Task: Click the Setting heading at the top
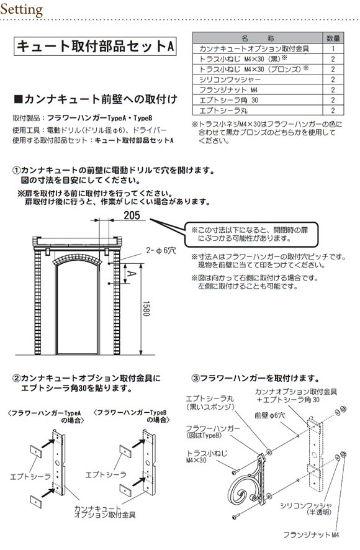click(x=22, y=9)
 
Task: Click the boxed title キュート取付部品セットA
click(x=95, y=47)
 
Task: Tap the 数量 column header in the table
click(x=333, y=38)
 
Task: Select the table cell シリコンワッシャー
click(x=230, y=79)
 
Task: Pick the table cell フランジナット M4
click(x=228, y=90)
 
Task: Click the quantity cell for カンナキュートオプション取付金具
click(x=333, y=49)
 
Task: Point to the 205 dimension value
click(x=132, y=215)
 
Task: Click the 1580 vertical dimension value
click(x=146, y=309)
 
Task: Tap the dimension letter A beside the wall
click(x=130, y=273)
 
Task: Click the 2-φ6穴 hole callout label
click(x=161, y=250)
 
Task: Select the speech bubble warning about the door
click(x=252, y=234)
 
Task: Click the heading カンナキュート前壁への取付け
click(x=96, y=99)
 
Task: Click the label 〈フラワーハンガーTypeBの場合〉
click(x=132, y=417)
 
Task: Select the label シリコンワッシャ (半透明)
click(x=305, y=508)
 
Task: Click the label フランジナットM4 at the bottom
click(x=311, y=535)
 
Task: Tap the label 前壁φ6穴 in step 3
click(x=269, y=415)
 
